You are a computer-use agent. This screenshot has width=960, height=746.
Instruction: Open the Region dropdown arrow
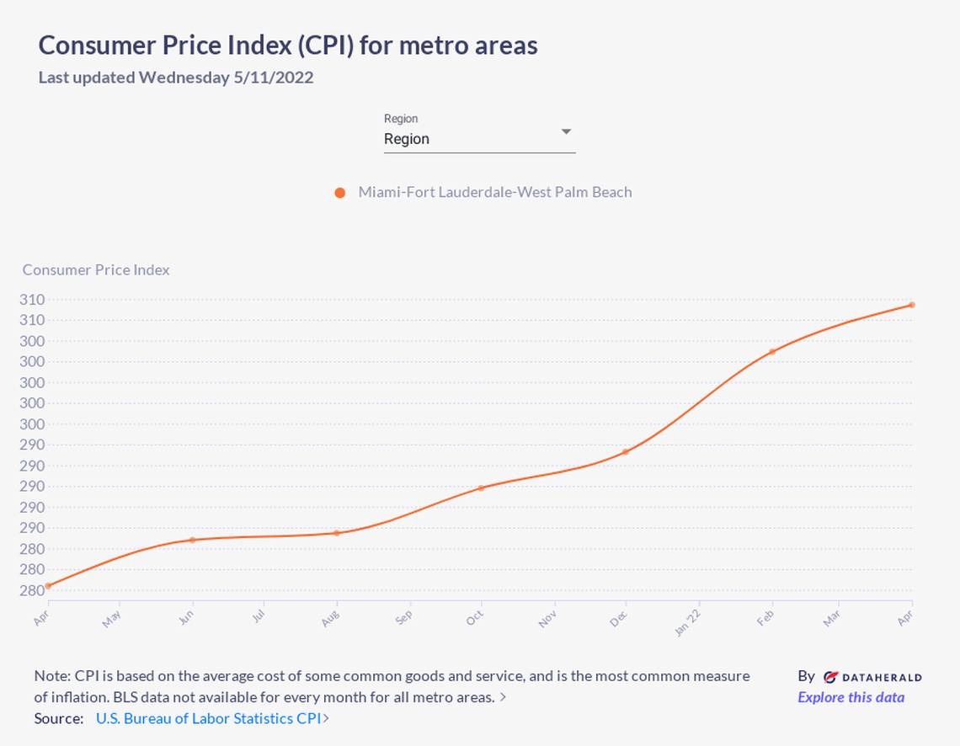click(566, 132)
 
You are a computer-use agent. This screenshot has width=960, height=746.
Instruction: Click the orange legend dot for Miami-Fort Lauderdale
click(340, 193)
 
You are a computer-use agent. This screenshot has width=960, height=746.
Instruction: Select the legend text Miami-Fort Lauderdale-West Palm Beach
click(494, 192)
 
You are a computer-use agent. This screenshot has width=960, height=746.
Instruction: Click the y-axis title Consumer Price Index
click(96, 269)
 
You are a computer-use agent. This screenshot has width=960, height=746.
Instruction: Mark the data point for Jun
click(192, 540)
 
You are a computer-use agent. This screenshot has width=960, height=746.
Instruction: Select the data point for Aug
click(337, 533)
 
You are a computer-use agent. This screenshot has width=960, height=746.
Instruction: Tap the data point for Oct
click(481, 488)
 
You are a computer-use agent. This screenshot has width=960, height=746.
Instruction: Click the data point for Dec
click(625, 452)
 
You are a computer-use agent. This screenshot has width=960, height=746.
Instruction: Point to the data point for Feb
click(771, 352)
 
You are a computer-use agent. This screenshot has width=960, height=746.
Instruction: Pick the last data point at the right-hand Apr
click(912, 305)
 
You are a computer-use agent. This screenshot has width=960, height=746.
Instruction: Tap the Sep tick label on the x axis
click(404, 616)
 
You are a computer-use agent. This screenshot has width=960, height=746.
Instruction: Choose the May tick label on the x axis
click(112, 619)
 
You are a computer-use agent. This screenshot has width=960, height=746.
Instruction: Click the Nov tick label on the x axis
click(547, 619)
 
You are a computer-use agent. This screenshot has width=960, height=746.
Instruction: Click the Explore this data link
click(851, 697)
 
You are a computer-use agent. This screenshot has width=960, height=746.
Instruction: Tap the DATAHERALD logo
click(872, 676)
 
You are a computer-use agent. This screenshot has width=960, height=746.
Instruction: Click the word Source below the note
click(58, 718)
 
